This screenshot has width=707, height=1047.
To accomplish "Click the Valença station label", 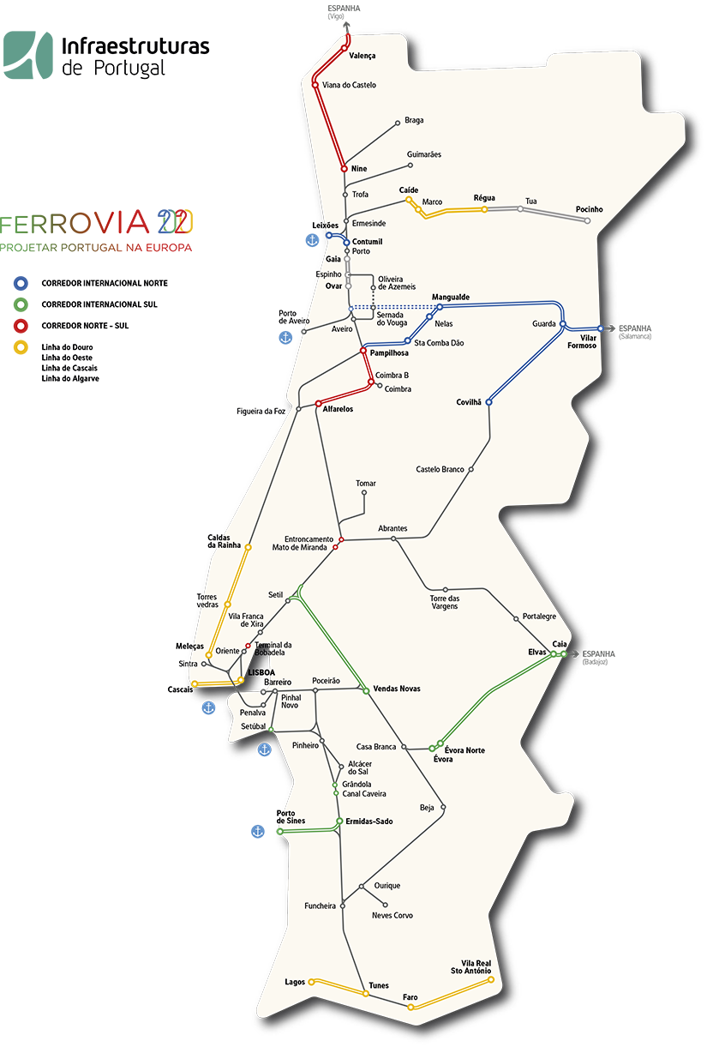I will tap(362, 56).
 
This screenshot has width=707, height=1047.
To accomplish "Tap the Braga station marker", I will tap(398, 123).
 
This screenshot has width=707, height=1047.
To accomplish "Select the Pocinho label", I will tap(590, 209).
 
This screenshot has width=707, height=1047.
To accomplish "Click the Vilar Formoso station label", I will tap(582, 341).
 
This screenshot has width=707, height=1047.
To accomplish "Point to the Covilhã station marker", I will tap(488, 402).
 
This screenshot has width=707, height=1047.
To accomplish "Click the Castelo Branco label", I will tap(440, 469).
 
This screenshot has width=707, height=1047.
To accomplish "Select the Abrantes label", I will tap(392, 528).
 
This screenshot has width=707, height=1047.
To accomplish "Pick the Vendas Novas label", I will tap(397, 689).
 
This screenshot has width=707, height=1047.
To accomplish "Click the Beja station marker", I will tap(444, 808).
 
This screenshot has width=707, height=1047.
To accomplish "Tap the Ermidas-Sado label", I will tap(369, 821).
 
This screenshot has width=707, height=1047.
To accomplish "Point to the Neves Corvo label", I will tap(392, 916).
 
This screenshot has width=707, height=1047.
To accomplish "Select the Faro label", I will tap(410, 997).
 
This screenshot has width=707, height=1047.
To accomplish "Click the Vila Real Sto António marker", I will tap(491, 978).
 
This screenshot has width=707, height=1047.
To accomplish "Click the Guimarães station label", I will tap(424, 154).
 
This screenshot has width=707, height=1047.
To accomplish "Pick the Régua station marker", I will tap(484, 209).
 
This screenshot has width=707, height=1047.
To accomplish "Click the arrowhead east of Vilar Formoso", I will tap(602, 329).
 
